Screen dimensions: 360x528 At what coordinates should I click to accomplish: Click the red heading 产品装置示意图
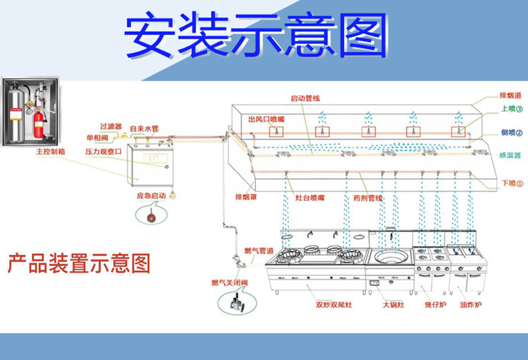tap(79, 264)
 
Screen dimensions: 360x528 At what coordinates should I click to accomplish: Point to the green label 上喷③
tap(511, 109)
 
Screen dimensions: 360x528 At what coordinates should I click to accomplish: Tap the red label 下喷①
tap(511, 183)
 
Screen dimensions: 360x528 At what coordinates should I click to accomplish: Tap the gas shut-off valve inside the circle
tap(235, 304)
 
